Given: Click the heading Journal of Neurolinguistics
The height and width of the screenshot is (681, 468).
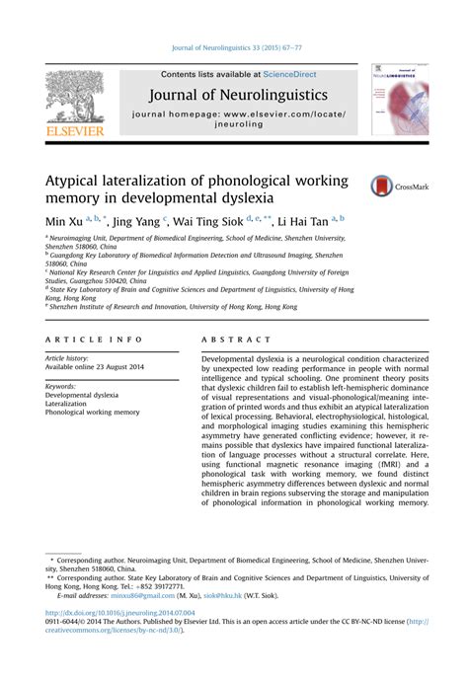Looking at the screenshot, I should (x=241, y=96).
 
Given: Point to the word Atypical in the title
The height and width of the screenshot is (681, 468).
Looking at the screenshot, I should (x=75, y=181).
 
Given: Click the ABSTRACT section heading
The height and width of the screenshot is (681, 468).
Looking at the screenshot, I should (x=231, y=339).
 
